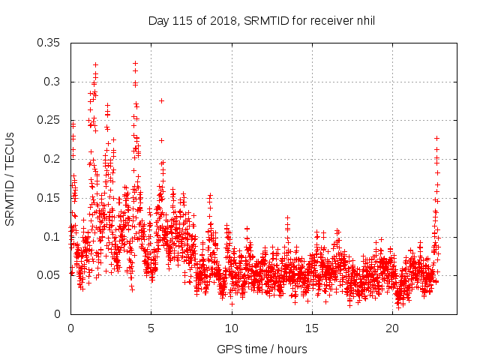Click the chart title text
point(261,20)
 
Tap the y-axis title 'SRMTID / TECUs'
point(10,178)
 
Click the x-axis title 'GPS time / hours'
point(262,349)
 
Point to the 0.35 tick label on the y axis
point(49,43)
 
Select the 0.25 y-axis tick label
point(49,120)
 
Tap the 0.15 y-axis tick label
point(49,198)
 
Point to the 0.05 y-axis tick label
point(49,275)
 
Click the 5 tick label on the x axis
point(151,328)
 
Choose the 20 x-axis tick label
point(392,328)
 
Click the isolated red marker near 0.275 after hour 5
point(161,100)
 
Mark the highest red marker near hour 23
point(436,138)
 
